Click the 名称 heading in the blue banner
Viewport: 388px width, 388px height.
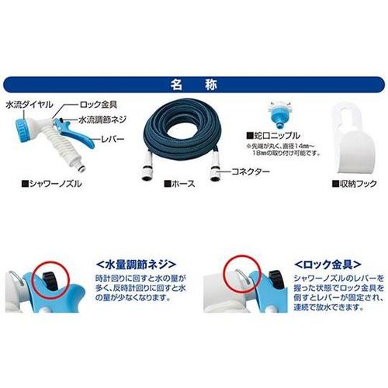point(194,82)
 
